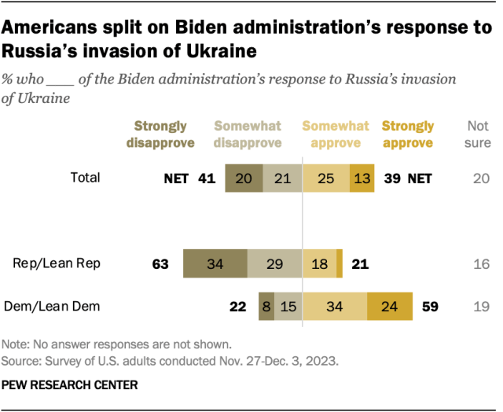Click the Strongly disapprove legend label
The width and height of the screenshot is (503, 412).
click(160, 134)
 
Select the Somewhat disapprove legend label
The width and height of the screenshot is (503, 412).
click(248, 134)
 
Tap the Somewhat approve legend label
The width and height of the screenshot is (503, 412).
click(336, 134)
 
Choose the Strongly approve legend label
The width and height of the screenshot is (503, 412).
click(407, 134)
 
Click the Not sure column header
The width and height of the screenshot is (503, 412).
click(479, 134)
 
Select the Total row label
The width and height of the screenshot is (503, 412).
click(85, 178)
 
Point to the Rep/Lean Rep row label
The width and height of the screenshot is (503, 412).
click(57, 263)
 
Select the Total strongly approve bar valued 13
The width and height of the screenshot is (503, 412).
click(362, 178)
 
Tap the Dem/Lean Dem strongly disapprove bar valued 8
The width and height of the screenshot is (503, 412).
click(266, 307)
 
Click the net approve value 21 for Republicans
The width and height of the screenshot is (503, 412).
click(359, 264)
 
